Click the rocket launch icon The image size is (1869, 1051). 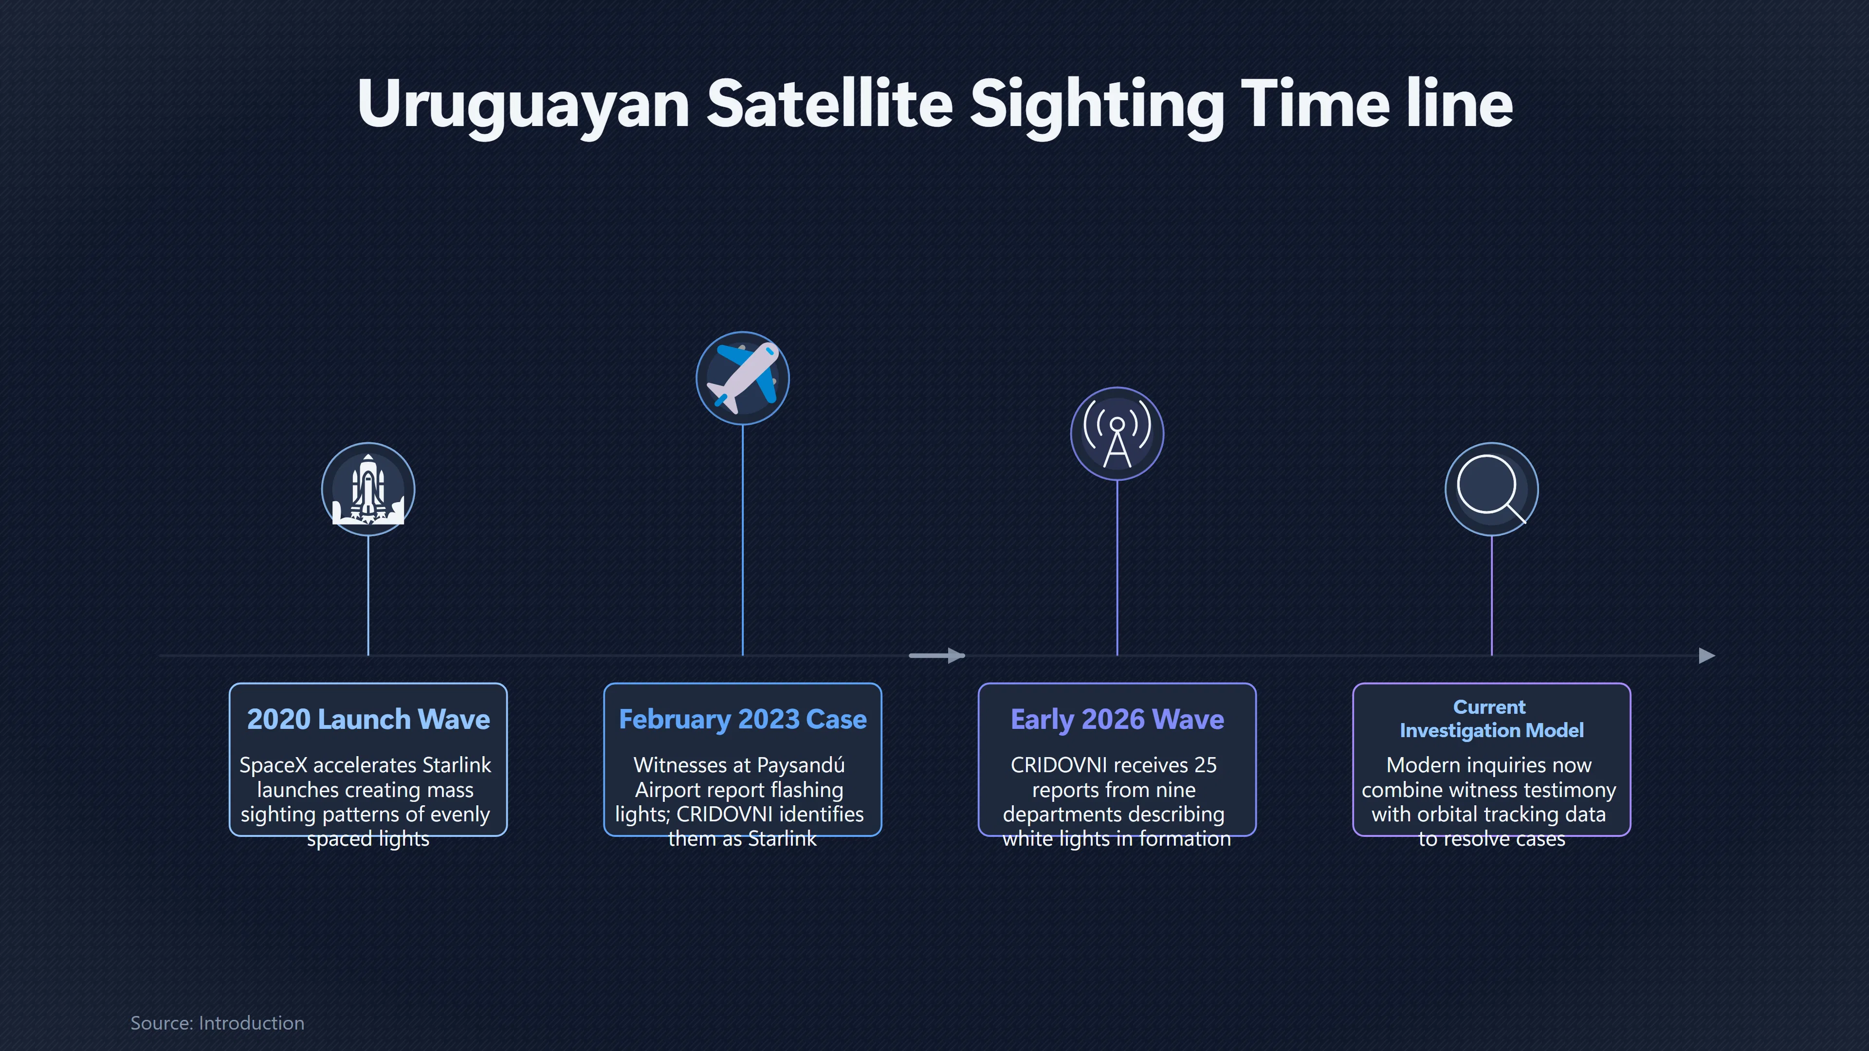[368, 489]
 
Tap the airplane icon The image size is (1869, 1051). [742, 378]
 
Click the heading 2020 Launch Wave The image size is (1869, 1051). [368, 719]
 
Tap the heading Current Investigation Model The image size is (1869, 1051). [1491, 718]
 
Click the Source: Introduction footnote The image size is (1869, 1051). [217, 1023]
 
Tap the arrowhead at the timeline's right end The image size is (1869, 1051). [1707, 656]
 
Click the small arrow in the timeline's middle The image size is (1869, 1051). [936, 656]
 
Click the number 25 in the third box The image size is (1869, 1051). [1205, 765]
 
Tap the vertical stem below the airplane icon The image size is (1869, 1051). [742, 540]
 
